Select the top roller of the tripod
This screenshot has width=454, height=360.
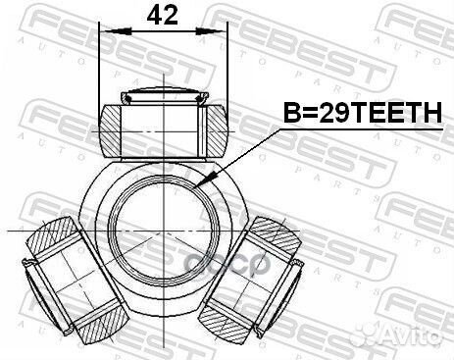click(x=163, y=125)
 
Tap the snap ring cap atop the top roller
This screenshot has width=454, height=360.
click(x=163, y=96)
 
